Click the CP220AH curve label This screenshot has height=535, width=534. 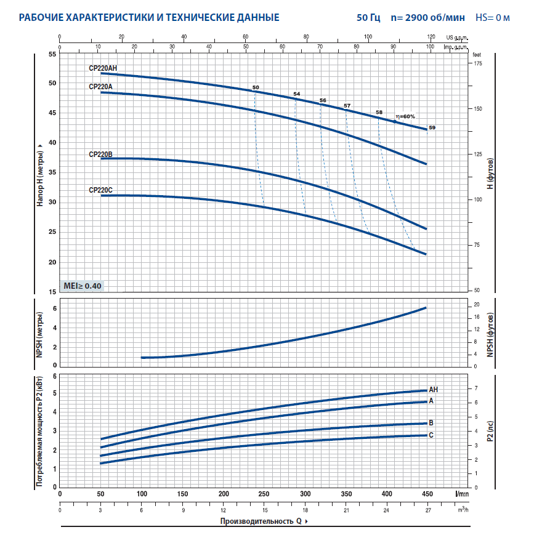(102, 68)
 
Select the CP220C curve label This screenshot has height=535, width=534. (100, 190)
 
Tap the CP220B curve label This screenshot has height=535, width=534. (100, 155)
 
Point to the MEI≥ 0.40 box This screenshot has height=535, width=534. (83, 286)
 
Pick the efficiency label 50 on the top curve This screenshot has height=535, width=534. (256, 87)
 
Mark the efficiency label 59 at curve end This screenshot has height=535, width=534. (432, 127)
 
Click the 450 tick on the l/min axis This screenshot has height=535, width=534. (427, 494)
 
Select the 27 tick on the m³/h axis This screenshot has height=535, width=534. (427, 510)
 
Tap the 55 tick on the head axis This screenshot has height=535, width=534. (52, 54)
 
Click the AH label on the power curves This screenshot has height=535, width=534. (433, 390)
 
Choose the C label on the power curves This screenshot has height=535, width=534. (431, 435)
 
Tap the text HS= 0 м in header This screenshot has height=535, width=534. (493, 17)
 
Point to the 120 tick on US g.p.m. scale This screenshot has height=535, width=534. (430, 37)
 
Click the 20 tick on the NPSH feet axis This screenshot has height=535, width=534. (476, 305)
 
